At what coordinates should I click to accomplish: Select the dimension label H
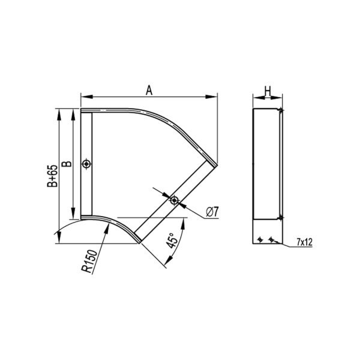[x=268, y=90]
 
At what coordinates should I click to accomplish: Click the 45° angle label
[x=172, y=241]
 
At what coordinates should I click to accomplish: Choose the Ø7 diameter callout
[x=212, y=211]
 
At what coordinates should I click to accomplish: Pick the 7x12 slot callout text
[x=305, y=242]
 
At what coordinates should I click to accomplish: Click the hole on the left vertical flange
[x=87, y=164]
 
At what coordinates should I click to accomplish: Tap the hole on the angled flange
[x=173, y=200]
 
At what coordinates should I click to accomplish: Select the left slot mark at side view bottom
[x=260, y=239]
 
